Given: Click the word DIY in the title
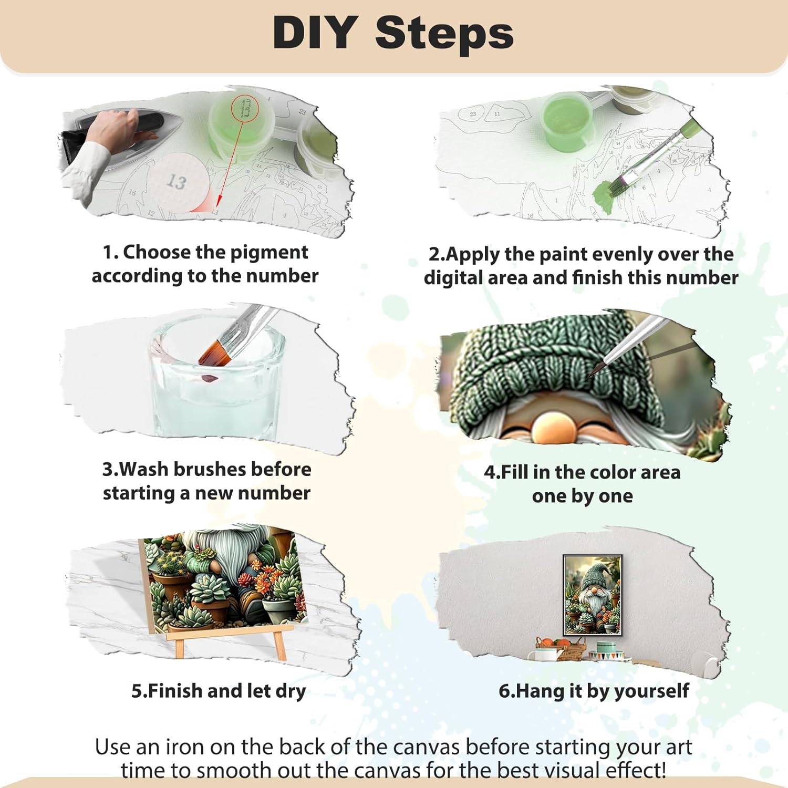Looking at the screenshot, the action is click(315, 33).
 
